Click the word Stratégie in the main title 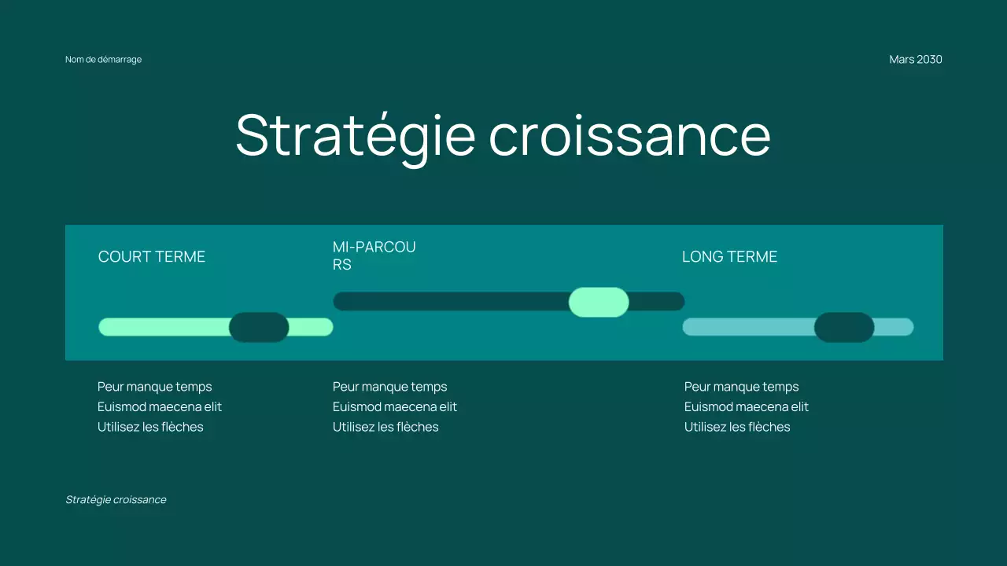[x=355, y=135]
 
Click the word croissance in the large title [x=629, y=135]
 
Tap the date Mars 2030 [x=915, y=60]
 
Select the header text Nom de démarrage [x=103, y=60]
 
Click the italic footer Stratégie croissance [x=116, y=500]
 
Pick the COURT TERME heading [x=152, y=257]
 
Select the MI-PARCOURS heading [x=374, y=255]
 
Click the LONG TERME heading [x=729, y=257]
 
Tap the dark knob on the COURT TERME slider [x=259, y=327]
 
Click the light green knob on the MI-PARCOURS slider [x=599, y=302]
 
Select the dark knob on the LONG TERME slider [x=844, y=327]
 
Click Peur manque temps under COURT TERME [x=154, y=387]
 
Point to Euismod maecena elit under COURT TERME [x=160, y=407]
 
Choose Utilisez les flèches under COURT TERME [x=150, y=428]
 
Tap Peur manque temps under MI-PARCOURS [x=389, y=387]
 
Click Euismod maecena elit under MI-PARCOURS [x=395, y=407]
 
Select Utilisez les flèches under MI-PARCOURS [x=385, y=428]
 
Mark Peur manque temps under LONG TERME [x=741, y=387]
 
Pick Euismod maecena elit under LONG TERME [x=747, y=407]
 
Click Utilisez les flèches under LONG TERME [x=737, y=428]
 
